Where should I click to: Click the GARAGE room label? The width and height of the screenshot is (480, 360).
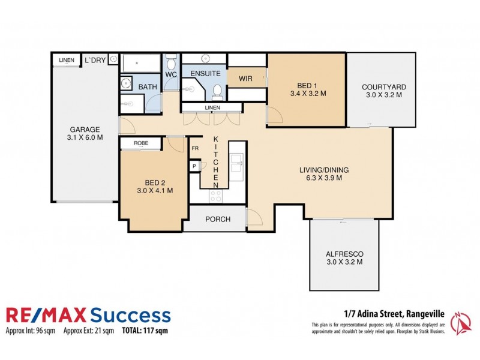tap(84, 129)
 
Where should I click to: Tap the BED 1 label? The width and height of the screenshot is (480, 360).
tap(307, 85)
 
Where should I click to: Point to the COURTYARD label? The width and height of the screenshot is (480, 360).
tap(382, 86)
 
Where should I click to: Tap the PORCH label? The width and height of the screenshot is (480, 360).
tap(217, 219)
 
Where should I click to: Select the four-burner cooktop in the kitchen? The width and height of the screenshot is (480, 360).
tap(215, 195)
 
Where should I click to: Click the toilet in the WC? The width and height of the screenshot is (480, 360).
tap(172, 62)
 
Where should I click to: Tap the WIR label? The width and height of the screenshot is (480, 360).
tap(245, 79)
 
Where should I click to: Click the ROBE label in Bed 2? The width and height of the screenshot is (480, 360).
tap(141, 143)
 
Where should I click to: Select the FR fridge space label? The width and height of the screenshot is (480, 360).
tap(194, 148)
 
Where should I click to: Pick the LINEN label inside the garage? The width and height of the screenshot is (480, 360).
tap(66, 60)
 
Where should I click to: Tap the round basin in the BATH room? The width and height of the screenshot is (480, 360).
tap(127, 84)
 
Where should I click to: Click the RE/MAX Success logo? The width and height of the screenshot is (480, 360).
tap(88, 316)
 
